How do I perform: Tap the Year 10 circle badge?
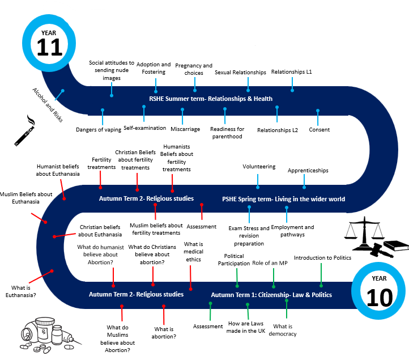point(378,291)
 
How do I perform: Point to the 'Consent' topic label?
point(319,130)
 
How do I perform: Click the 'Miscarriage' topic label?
point(185,129)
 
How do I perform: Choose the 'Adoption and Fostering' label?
point(153,68)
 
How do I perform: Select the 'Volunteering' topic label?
point(259,167)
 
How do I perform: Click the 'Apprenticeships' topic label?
point(308,170)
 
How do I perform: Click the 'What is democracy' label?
point(284,330)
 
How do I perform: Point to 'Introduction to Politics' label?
point(322,257)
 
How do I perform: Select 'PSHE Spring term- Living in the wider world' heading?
point(283,199)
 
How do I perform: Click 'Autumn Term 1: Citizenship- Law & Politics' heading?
point(271,295)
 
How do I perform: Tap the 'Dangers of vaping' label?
point(98,130)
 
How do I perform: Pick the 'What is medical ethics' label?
point(193,252)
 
